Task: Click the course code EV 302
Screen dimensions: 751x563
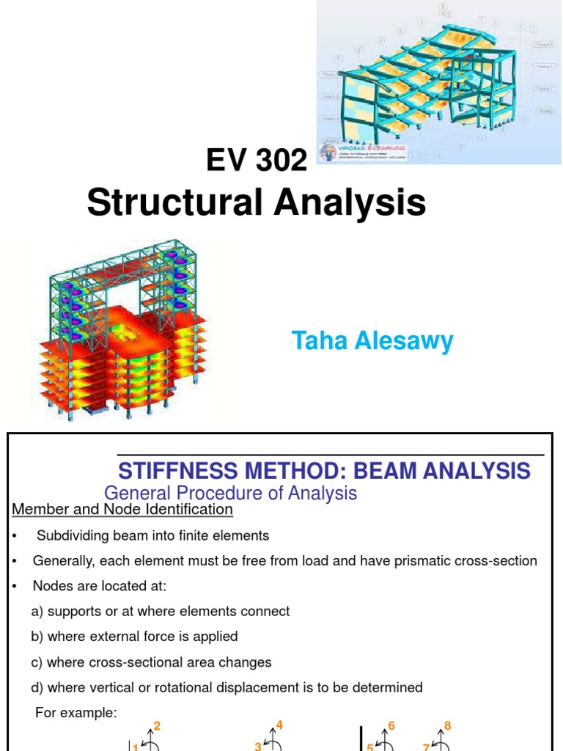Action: (258, 158)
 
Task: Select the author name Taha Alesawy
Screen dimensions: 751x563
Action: (372, 341)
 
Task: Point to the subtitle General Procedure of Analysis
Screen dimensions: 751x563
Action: (230, 493)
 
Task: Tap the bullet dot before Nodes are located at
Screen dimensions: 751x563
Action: (15, 586)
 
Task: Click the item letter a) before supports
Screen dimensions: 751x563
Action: (37, 612)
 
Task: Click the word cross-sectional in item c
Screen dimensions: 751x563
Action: (129, 662)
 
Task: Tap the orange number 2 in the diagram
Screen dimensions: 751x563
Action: (157, 726)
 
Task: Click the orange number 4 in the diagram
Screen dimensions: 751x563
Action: (279, 725)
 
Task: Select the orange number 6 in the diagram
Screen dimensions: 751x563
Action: (391, 726)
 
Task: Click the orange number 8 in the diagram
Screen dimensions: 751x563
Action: (447, 726)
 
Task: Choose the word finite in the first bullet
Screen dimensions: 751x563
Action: (194, 535)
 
